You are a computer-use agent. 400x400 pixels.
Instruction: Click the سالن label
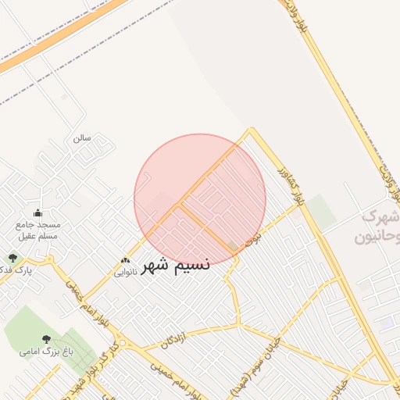tap(82, 138)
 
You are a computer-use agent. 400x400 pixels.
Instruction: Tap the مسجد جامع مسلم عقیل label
tap(37, 230)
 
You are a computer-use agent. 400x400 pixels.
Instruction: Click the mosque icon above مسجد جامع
tap(37, 213)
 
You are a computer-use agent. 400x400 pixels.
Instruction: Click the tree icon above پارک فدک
tap(12, 257)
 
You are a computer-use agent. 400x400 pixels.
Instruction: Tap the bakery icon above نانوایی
tap(125, 259)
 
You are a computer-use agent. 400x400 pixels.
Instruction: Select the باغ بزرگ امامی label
tap(46, 352)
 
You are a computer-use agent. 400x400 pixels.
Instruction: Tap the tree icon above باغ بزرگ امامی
tap(46, 339)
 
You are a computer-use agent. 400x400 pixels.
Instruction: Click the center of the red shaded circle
tap(200, 200)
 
